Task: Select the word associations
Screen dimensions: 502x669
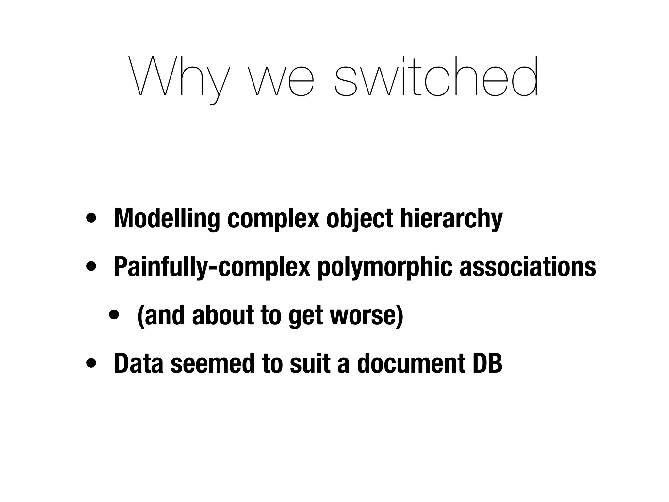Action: [x=528, y=267]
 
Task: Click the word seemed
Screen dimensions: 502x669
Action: [x=212, y=363]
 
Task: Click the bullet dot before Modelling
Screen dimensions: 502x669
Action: [x=91, y=218]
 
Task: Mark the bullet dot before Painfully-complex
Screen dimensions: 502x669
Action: [x=91, y=266]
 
